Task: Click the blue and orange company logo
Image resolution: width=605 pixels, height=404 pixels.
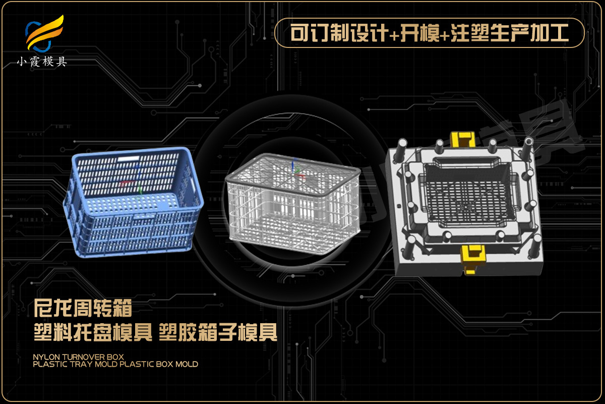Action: pyautogui.click(x=44, y=33)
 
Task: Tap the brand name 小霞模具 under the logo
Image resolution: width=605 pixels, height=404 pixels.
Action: pyautogui.click(x=42, y=62)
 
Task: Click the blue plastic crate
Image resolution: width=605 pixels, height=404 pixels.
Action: pyautogui.click(x=134, y=202)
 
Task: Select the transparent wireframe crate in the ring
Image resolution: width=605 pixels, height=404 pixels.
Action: pyautogui.click(x=293, y=204)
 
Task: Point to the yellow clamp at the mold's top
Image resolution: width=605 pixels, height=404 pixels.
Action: pyautogui.click(x=463, y=139)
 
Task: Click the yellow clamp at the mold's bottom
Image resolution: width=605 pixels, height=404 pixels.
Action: pyautogui.click(x=472, y=259)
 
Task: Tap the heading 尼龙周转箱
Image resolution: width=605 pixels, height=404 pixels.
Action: pyautogui.click(x=83, y=308)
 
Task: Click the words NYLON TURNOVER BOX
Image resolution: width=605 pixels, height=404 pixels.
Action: pyautogui.click(x=78, y=357)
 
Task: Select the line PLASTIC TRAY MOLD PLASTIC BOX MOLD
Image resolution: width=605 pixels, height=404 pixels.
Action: pyautogui.click(x=115, y=364)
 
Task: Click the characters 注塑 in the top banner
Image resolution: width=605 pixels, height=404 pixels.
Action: pyautogui.click(x=469, y=33)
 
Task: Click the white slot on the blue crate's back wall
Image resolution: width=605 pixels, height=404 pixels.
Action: pyautogui.click(x=128, y=159)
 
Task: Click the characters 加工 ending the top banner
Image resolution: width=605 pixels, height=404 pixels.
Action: pyautogui.click(x=550, y=33)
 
